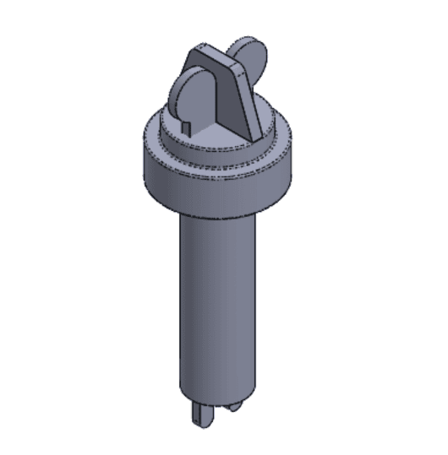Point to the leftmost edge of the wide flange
139,156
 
